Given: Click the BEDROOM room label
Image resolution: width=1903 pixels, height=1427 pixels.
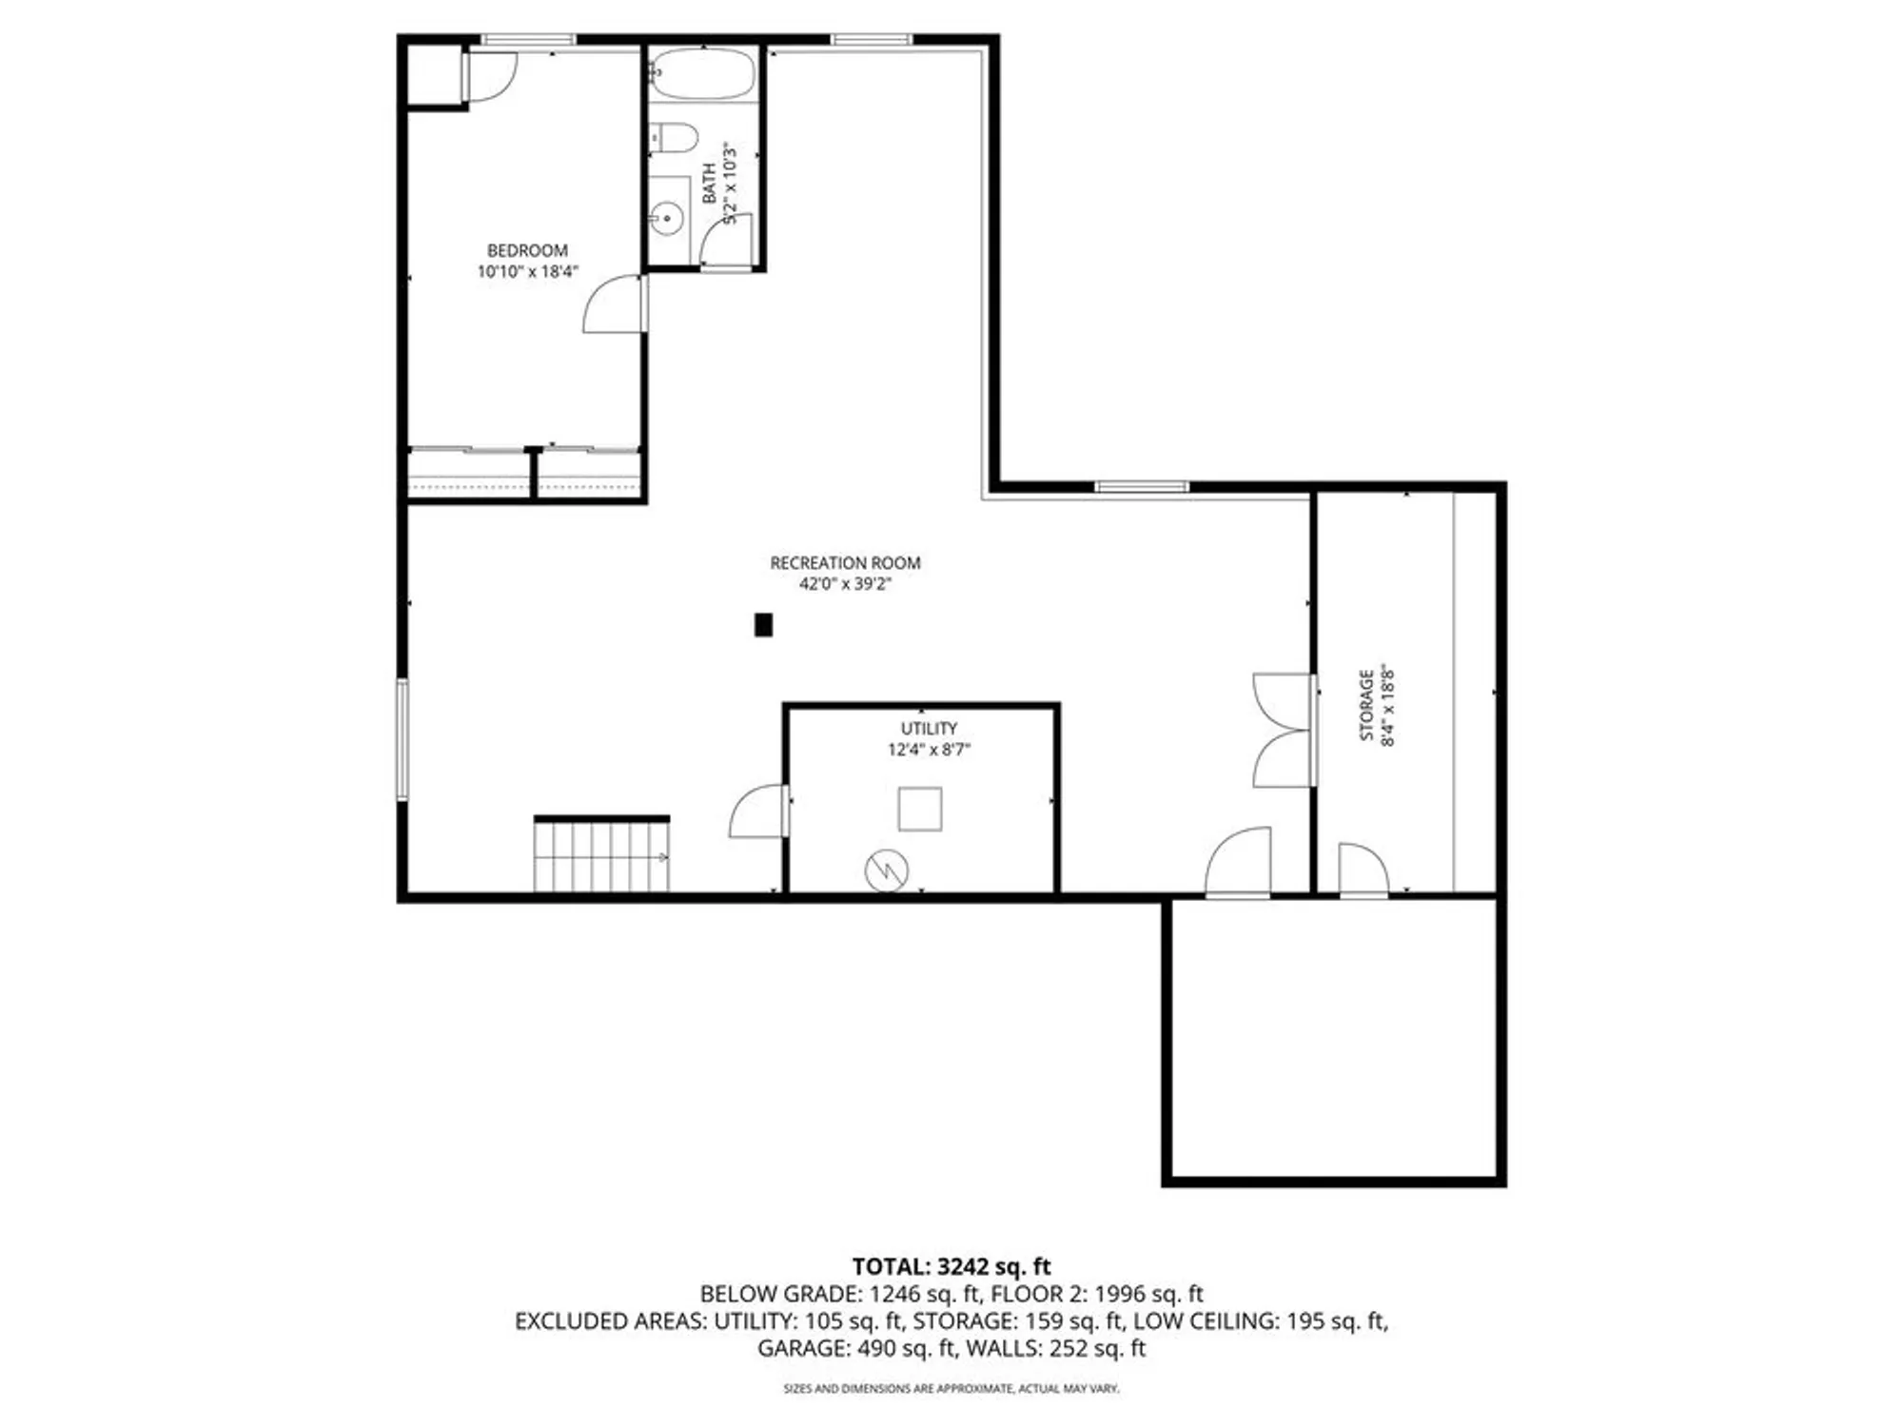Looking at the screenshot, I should tap(527, 250).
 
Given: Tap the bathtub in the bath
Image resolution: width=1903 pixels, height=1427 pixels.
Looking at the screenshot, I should tap(702, 74).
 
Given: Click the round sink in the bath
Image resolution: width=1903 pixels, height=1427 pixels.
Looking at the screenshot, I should tap(667, 218).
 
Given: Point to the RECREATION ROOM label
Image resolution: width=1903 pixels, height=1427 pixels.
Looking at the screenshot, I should tap(845, 562).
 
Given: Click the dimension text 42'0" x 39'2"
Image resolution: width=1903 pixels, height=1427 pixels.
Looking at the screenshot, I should tap(845, 584).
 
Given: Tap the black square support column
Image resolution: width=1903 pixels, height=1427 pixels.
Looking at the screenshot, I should tap(763, 625).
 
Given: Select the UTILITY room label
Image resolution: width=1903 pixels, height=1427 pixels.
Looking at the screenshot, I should tap(929, 728).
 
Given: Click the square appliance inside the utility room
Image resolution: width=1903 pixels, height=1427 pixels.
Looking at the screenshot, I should tap(920, 809).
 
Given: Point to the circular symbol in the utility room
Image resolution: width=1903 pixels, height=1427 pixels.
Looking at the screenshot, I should tap(886, 870).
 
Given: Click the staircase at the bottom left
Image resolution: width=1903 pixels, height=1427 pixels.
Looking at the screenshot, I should tap(601, 855).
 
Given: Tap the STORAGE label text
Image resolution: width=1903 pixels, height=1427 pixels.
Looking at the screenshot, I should tap(1366, 705).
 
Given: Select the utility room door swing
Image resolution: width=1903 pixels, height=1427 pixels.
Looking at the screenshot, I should tap(758, 812).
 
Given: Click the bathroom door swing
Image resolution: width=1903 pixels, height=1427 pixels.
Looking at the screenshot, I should tap(727, 242).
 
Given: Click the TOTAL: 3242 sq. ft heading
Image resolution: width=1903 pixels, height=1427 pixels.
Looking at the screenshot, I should tap(951, 1266).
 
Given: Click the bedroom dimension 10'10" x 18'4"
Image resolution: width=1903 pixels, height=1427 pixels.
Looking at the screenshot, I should tap(527, 272).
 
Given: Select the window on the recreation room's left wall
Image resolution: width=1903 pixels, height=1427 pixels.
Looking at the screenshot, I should tap(402, 738).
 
